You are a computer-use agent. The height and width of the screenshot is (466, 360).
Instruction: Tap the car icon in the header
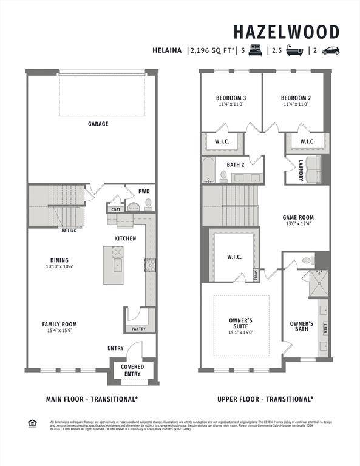click(x=331, y=51)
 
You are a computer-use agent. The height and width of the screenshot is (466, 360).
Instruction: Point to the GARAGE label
click(x=98, y=124)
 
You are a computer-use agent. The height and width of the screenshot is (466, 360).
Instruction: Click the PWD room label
click(x=143, y=191)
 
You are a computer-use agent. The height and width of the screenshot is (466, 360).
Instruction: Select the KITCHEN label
click(x=125, y=238)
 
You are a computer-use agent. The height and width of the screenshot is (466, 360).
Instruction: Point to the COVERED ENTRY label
click(x=132, y=370)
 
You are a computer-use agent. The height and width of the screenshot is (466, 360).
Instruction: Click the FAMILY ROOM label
click(x=59, y=324)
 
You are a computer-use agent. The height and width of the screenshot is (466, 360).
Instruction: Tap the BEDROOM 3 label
click(x=231, y=98)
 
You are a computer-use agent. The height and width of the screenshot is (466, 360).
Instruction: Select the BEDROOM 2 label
click(x=296, y=98)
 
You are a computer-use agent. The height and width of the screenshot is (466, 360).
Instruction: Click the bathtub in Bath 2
click(x=208, y=171)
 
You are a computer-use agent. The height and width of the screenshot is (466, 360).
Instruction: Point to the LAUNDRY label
click(x=301, y=170)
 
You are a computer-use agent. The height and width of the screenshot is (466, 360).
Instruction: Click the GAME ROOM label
click(x=298, y=217)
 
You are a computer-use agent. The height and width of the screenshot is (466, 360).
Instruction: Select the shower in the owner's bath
click(x=316, y=282)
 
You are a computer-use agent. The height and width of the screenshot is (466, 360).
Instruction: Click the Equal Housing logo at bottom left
click(x=32, y=424)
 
